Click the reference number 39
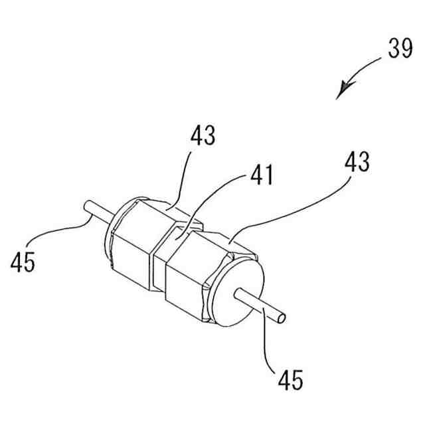[400, 49]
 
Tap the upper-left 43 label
[203, 136]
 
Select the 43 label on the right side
[356, 162]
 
